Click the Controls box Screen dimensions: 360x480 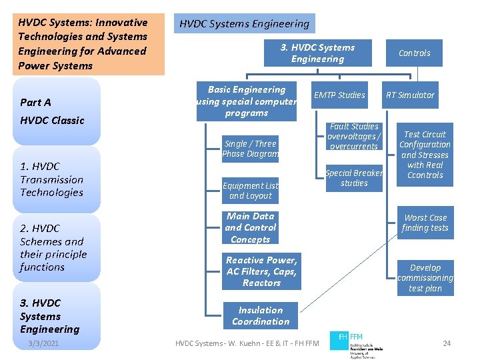point(414,53)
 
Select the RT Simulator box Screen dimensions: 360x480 point(410,95)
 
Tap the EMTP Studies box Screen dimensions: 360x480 point(339,95)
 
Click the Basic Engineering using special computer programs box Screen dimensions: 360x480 point(247,101)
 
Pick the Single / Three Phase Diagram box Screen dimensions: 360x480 point(250,149)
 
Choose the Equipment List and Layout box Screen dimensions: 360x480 point(250,191)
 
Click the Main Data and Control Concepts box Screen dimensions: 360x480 point(250,228)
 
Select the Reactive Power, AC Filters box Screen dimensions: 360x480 point(261,271)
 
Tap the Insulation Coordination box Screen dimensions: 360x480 point(261,316)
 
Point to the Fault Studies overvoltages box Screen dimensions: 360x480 point(354,137)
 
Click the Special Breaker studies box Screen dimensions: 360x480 point(354,178)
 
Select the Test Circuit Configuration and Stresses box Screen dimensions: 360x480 point(425,155)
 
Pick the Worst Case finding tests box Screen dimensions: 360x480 point(425,223)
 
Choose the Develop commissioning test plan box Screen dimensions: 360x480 point(425,278)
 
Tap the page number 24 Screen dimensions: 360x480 point(447,343)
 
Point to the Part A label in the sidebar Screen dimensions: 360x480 point(35,102)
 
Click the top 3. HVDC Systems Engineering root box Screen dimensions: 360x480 point(317,53)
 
